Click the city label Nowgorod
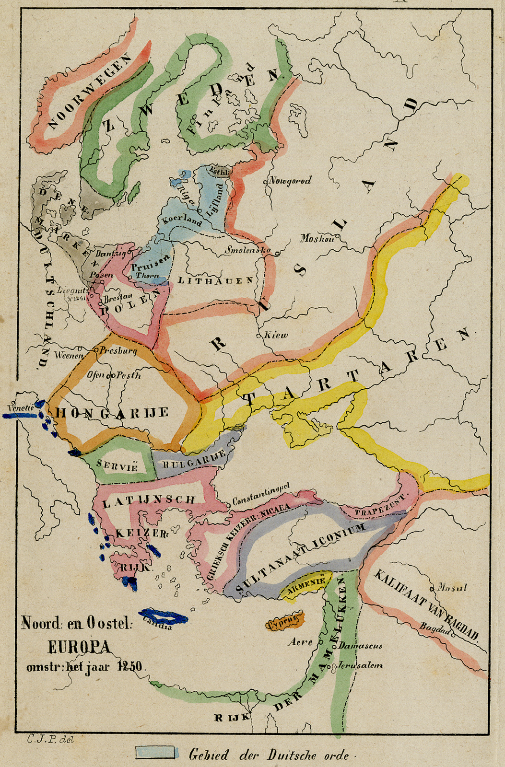click(x=290, y=181)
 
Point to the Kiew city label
click(x=276, y=335)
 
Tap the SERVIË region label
click(x=117, y=465)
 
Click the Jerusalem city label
click(x=360, y=665)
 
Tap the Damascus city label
click(x=361, y=646)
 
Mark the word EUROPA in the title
click(x=79, y=647)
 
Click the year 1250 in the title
click(x=130, y=667)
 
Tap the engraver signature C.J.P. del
click(x=50, y=740)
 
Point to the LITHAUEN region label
click(x=215, y=280)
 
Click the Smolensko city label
click(x=248, y=250)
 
